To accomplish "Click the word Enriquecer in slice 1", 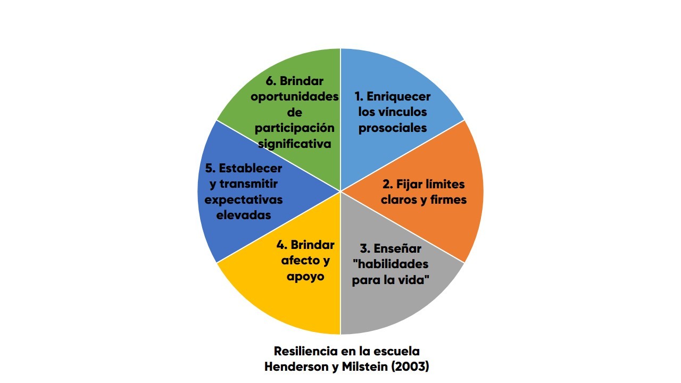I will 398,97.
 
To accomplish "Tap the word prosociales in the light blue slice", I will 393,128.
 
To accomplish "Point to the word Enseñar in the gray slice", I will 397,248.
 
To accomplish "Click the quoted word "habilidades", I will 390,264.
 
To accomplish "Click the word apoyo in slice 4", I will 305,277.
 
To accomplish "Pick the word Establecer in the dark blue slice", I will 250,168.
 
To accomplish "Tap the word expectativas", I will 244,199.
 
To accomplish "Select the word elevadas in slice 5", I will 244,215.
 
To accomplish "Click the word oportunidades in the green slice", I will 295,97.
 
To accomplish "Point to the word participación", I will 295,128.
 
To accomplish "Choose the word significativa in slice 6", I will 295,144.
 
